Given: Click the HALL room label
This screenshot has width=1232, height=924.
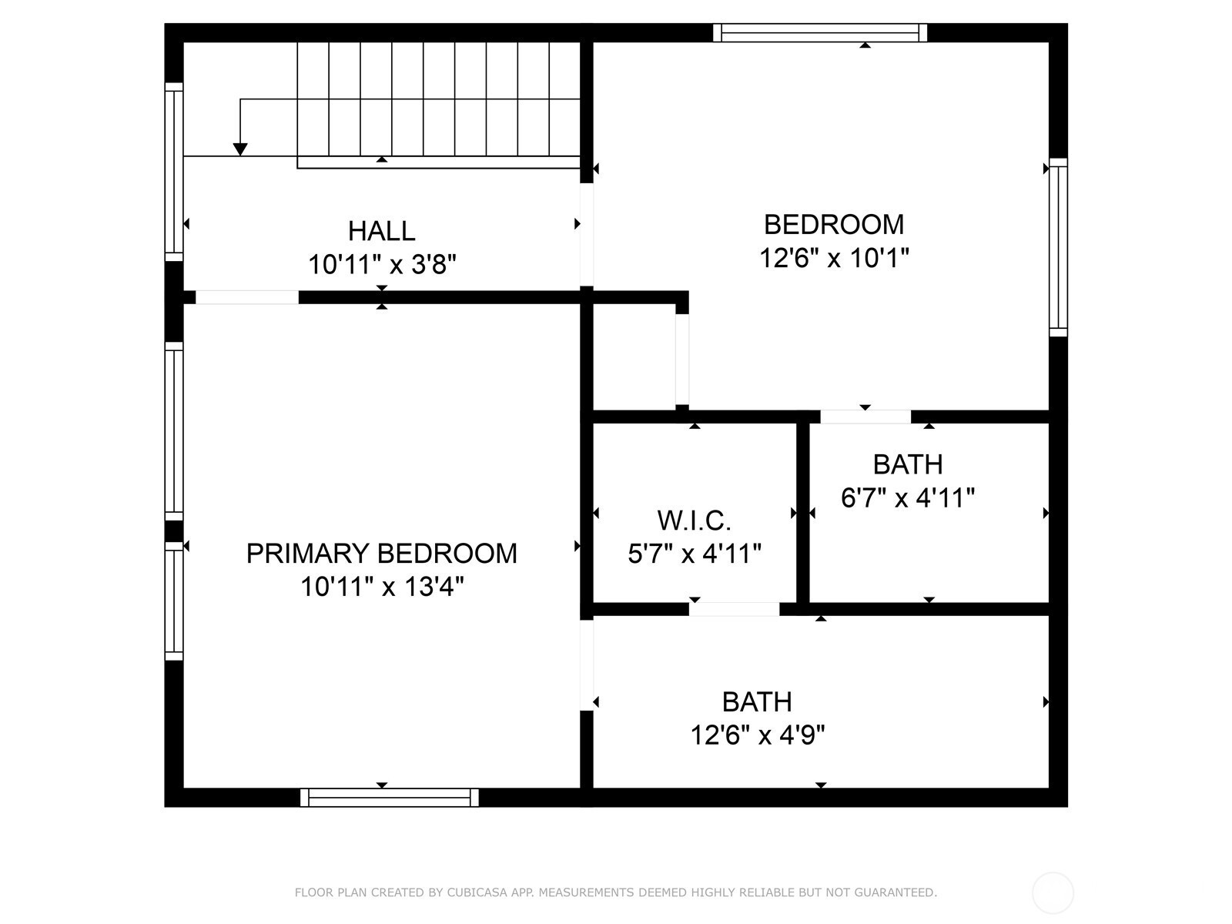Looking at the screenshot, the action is [x=381, y=230].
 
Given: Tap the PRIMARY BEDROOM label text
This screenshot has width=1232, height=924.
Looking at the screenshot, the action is [x=382, y=553].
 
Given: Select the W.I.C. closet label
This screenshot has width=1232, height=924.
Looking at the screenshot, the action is [x=694, y=521].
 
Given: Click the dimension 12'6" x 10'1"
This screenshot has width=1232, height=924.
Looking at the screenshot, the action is [x=834, y=258].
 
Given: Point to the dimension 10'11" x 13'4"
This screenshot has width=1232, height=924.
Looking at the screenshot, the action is [x=382, y=587].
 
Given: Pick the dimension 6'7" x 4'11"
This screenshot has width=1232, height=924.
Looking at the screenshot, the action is [x=908, y=497].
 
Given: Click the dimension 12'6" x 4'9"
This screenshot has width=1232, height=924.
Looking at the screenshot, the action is [x=757, y=735].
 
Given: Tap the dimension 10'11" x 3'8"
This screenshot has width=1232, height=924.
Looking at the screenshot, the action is [x=382, y=263].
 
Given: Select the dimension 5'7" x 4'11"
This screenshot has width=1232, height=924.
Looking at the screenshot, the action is [x=695, y=554].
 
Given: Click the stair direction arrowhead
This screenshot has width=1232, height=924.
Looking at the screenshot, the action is [x=240, y=149].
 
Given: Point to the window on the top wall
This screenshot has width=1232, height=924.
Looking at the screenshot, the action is [x=819, y=32].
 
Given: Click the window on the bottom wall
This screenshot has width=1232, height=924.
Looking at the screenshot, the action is [x=390, y=797].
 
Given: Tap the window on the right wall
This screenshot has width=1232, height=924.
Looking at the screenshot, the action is [x=1058, y=247].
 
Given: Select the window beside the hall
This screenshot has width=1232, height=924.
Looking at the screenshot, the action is [x=174, y=172].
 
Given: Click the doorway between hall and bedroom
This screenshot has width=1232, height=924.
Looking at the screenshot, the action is [x=587, y=235].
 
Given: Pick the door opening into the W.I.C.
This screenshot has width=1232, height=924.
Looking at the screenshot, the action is [x=734, y=609].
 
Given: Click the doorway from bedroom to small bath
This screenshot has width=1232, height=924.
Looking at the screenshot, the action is [x=865, y=417].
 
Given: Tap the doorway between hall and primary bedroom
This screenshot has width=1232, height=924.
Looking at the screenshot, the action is [x=247, y=297].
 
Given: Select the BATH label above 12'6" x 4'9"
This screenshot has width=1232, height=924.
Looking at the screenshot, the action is [x=757, y=701].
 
